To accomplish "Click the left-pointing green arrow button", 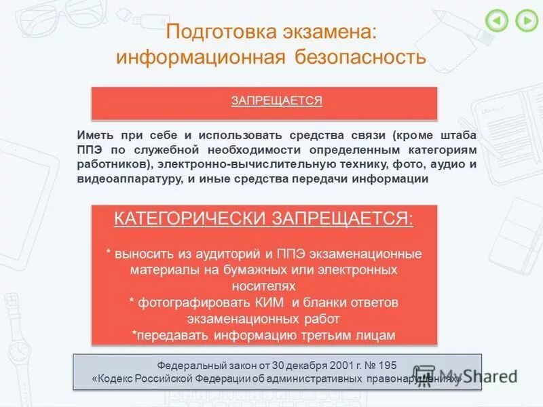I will tap(497, 21).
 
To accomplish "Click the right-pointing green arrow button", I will tap(526, 21).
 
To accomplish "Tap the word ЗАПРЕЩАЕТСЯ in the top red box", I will tap(276, 101).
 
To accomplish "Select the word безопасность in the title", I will tap(360, 56).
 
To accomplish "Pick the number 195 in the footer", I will tap(385, 364).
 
